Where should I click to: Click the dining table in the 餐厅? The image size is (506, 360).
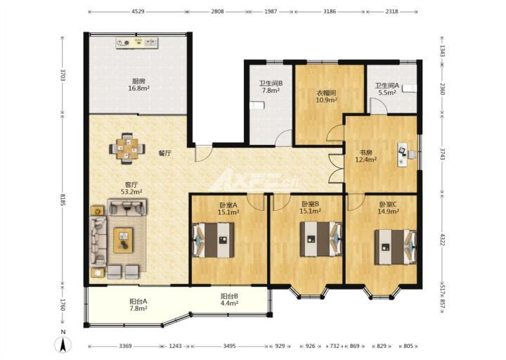(x=127, y=149)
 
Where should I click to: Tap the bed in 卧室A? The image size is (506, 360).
(x=214, y=240)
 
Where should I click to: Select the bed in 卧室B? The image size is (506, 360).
(x=320, y=239)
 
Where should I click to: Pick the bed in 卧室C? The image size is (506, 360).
(x=395, y=247)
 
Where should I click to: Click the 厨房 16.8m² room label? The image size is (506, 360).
(x=138, y=84)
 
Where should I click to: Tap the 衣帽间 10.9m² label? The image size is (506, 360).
(x=326, y=96)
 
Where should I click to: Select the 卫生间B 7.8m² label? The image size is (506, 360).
(x=271, y=87)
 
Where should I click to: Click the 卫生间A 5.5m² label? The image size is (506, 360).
(x=387, y=89)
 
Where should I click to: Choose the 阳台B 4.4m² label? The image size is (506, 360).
(x=229, y=300)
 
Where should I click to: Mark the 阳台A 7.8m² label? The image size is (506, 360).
(x=138, y=304)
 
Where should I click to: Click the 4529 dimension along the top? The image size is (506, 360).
(x=138, y=11)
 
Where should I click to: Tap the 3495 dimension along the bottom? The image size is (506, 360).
(x=229, y=346)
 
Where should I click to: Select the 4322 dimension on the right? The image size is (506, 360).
(x=443, y=240)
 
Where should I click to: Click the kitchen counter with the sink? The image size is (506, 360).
(x=137, y=43)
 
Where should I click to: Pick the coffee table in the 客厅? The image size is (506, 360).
(x=123, y=240)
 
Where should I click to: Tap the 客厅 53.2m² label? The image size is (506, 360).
(x=131, y=188)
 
